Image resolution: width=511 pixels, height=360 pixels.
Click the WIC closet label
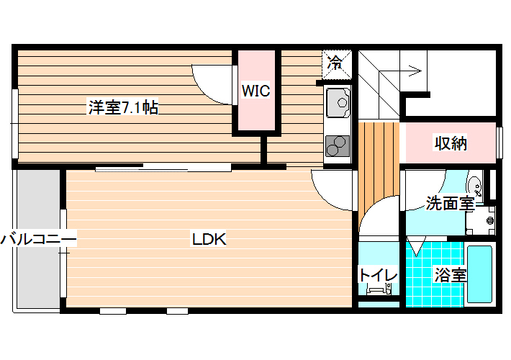point(256,91)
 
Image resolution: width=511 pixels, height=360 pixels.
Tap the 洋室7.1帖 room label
point(123,107)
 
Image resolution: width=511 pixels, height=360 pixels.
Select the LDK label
point(209,239)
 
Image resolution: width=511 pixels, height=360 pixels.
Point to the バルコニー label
point(38,239)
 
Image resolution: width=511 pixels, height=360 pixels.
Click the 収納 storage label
point(451,143)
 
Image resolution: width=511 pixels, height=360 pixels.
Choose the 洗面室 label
point(450,204)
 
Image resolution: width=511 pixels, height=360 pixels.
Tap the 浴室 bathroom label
point(451,275)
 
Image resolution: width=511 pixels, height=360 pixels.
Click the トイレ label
point(378,275)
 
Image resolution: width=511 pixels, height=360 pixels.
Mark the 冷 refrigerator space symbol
point(337,64)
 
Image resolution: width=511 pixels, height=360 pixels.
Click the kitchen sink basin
point(338,103)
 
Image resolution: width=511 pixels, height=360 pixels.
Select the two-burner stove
point(338,145)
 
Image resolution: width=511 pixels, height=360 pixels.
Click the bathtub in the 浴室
point(479,274)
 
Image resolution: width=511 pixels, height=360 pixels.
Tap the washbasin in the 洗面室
point(474,186)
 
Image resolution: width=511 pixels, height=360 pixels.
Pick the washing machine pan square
point(480,220)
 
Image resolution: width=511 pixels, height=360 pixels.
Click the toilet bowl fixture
point(378,289)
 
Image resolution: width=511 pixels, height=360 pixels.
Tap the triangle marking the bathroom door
point(416,246)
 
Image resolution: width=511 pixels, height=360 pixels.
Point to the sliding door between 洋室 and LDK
point(163,168)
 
